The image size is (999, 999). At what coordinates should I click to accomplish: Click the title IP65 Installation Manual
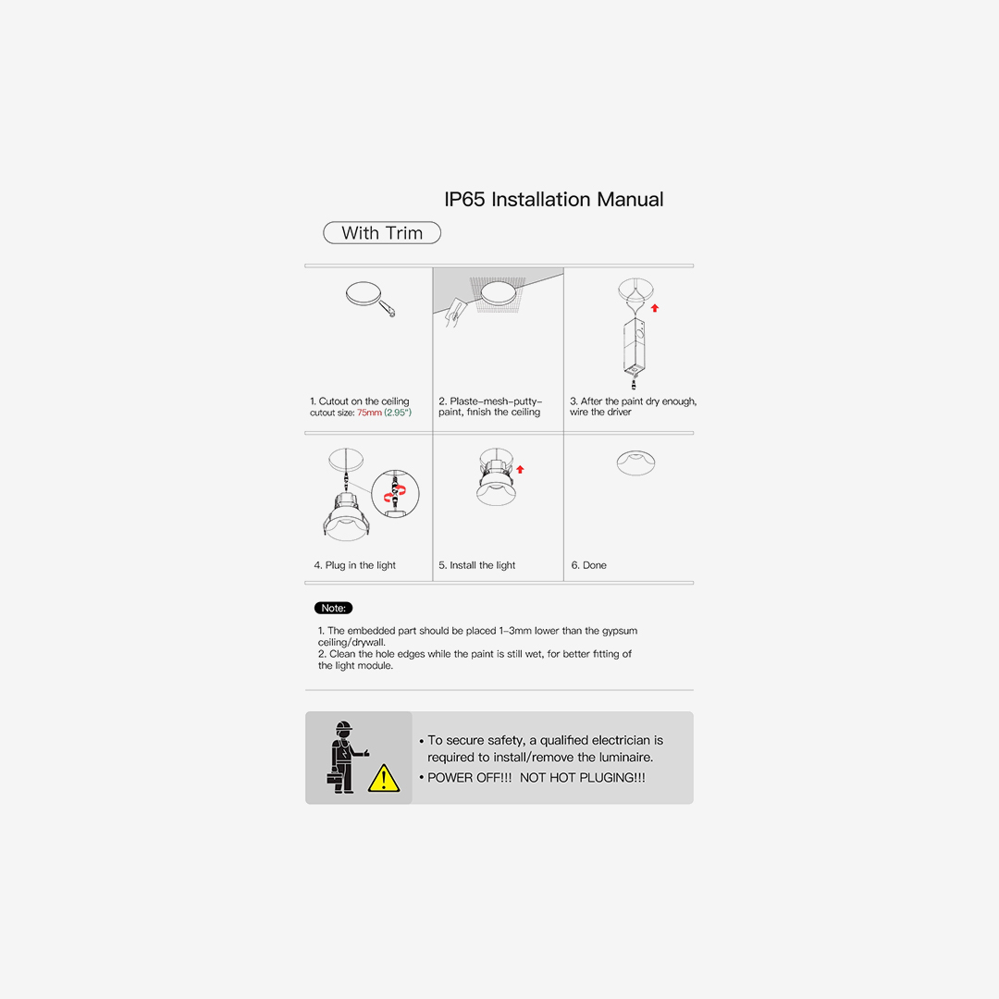pyautogui.click(x=554, y=200)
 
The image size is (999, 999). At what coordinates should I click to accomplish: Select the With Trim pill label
pyautogui.click(x=382, y=232)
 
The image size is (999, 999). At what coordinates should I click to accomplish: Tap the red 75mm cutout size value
pyautogui.click(x=369, y=413)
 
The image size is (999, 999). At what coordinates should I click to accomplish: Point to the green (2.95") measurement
pyautogui.click(x=398, y=413)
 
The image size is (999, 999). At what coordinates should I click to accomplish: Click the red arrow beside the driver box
pyautogui.click(x=655, y=308)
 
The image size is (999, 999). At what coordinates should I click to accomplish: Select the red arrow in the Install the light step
pyautogui.click(x=520, y=469)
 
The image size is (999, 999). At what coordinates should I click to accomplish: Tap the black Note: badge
pyautogui.click(x=333, y=608)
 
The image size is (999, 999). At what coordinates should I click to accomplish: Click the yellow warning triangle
pyautogui.click(x=384, y=778)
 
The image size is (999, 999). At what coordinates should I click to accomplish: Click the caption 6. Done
pyautogui.click(x=588, y=565)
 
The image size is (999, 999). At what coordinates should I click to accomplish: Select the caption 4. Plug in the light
pyautogui.click(x=355, y=565)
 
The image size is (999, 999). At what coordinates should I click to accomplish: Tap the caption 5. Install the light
pyautogui.click(x=476, y=565)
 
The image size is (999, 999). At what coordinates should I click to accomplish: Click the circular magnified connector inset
pyautogui.click(x=395, y=494)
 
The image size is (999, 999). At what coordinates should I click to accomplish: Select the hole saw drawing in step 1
pyautogui.click(x=370, y=299)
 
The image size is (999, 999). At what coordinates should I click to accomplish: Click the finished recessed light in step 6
pyautogui.click(x=635, y=462)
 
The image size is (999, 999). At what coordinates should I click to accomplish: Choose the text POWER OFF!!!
pyautogui.click(x=470, y=777)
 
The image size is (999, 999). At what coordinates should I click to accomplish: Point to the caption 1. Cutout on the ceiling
pyautogui.click(x=359, y=401)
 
